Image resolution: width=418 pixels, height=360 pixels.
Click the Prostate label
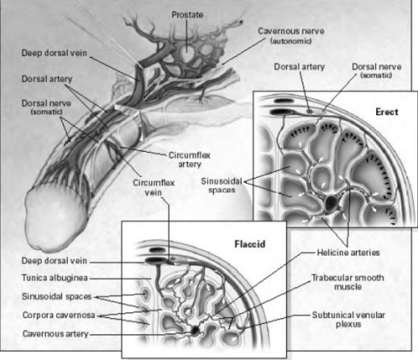click(x=187, y=15)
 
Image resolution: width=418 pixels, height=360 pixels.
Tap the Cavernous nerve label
click(x=291, y=31)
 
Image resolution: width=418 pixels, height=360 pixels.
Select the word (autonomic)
click(x=291, y=41)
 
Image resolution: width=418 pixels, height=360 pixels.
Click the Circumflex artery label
click(x=190, y=160)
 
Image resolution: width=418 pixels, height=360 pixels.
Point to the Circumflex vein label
click(x=154, y=187)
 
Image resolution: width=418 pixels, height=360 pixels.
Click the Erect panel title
click(x=387, y=112)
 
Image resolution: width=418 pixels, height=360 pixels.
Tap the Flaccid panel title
click(x=250, y=244)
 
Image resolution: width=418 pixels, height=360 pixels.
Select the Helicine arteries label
click(x=349, y=252)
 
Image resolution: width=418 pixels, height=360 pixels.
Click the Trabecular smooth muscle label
click(x=348, y=282)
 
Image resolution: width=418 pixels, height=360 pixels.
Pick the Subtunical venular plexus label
click(x=349, y=319)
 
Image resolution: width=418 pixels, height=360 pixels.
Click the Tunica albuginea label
click(x=54, y=278)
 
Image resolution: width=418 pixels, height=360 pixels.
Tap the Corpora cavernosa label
click(x=59, y=315)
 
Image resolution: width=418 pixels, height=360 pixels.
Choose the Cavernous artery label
click(x=55, y=333)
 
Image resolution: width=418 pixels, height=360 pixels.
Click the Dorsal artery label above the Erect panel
click(x=299, y=67)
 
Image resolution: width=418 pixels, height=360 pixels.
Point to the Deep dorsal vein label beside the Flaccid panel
click(x=54, y=261)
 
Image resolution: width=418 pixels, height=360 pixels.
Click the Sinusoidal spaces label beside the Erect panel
click(x=222, y=185)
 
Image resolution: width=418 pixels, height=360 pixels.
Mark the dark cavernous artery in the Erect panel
click(x=331, y=203)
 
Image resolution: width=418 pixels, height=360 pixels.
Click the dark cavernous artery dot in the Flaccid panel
click(x=195, y=331)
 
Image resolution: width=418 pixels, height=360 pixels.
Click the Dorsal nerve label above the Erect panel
click(x=376, y=67)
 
